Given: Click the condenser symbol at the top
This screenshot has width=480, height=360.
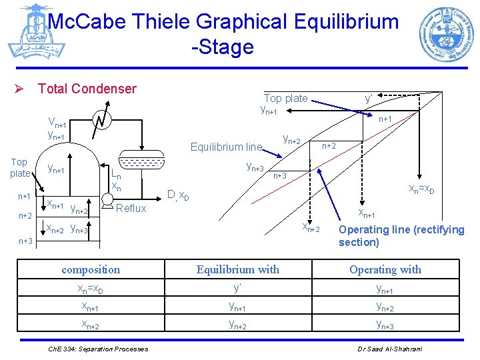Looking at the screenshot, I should point(101,121).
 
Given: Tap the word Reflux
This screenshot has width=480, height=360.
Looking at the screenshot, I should point(131,208).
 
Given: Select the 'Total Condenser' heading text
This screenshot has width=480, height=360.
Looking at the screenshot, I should point(87,89).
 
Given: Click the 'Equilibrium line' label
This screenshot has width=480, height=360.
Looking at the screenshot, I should point(226,147).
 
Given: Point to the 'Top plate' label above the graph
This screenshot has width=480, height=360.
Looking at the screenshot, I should point(285,98).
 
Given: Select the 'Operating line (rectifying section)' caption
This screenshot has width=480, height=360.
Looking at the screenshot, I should point(401,235).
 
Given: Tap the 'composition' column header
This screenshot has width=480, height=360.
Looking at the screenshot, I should point(91,269).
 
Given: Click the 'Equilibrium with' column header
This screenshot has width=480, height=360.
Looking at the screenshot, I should point(238,269).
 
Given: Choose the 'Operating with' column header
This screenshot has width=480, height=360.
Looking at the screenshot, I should point(385,269).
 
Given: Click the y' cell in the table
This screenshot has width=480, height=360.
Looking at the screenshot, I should point(238,288).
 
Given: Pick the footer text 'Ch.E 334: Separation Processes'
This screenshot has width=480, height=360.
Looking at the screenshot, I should point(98,349).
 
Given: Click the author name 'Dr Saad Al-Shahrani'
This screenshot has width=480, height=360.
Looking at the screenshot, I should point(395,349).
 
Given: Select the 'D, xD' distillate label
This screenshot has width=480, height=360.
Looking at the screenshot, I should point(178,195).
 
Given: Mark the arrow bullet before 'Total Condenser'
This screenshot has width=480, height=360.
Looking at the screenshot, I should point(22,89).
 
